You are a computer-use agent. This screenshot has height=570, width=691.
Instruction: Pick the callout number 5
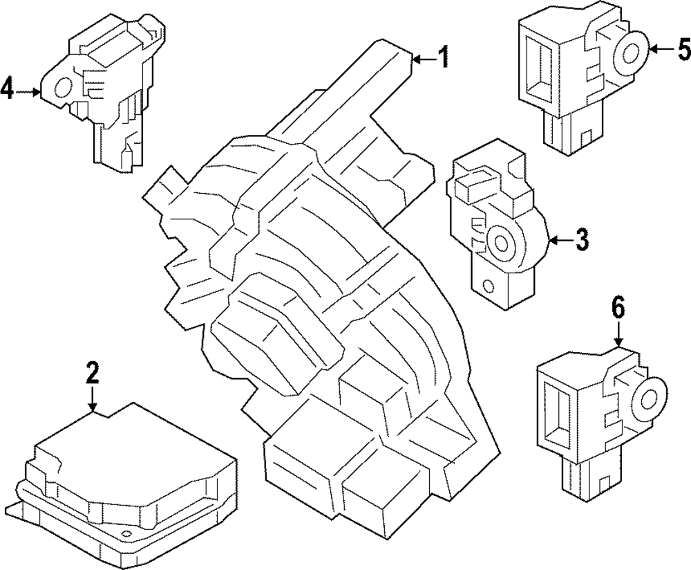[x=683, y=49]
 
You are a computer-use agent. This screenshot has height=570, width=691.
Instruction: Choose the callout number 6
[x=618, y=306]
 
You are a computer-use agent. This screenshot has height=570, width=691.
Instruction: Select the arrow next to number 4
[x=29, y=91]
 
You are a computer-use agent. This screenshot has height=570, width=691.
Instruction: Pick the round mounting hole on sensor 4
[x=61, y=88]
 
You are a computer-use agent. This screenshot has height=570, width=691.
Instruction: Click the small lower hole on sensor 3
[x=488, y=286]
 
